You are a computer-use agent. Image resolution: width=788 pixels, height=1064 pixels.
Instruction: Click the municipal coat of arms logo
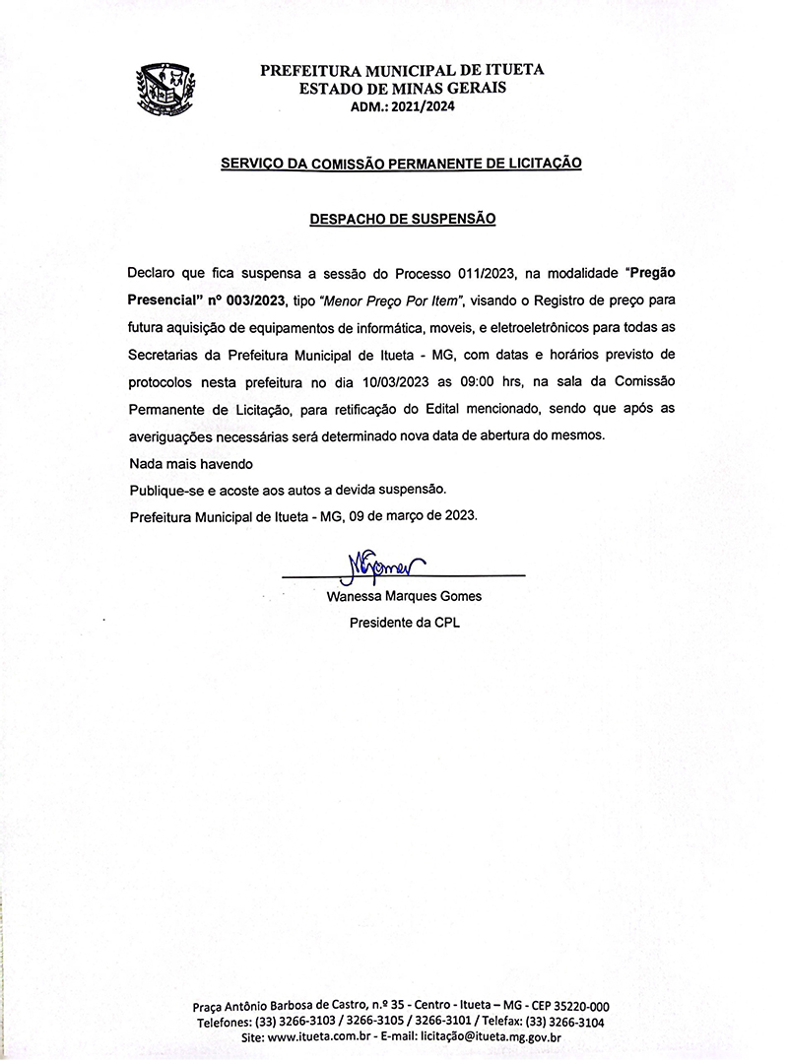(165, 87)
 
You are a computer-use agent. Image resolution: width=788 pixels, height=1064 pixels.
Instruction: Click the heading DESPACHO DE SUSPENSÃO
(402, 219)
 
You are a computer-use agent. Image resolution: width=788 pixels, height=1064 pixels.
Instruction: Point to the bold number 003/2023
(255, 299)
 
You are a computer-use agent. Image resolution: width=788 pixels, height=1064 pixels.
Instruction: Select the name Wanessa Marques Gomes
(403, 596)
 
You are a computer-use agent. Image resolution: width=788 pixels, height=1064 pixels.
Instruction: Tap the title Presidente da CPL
(404, 623)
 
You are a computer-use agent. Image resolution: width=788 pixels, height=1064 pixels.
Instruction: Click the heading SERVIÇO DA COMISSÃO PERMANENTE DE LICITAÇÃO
(402, 163)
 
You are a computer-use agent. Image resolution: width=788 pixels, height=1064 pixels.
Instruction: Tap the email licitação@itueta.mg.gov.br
(491, 1037)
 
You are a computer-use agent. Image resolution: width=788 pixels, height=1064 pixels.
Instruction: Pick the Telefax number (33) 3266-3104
(565, 1022)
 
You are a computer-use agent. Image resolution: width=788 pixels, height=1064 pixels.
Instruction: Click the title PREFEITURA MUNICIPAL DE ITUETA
(402, 71)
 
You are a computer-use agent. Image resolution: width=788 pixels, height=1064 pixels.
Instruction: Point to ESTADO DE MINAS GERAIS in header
(402, 89)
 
